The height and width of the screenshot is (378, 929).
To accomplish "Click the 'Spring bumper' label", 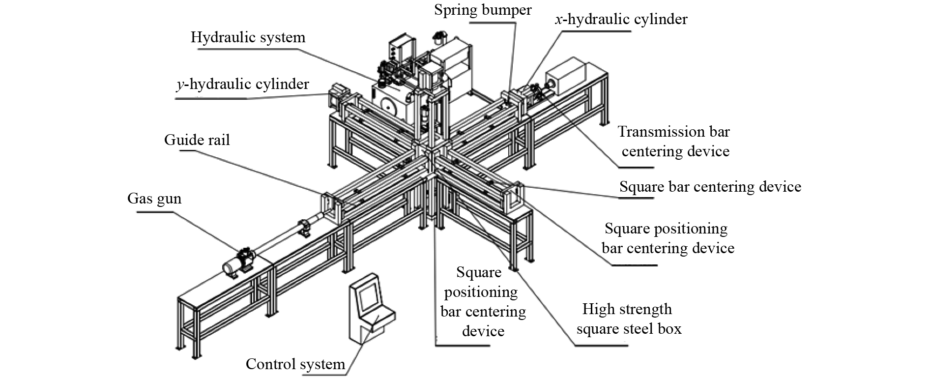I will coord(483,10).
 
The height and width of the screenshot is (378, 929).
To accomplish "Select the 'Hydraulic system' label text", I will coord(248,37).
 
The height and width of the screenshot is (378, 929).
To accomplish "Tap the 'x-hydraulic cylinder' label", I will coord(621,19).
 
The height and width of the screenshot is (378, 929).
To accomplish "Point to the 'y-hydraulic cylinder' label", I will coord(243,85).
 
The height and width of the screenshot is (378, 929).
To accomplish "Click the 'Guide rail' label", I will coord(197,140).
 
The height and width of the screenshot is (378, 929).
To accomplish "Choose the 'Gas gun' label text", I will coord(154,199).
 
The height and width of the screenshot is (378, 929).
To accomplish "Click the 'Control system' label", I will coord(295,364).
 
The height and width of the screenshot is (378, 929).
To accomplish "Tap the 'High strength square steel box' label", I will coord(628,319).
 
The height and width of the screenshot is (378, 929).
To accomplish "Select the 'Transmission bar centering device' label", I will coord(674,141).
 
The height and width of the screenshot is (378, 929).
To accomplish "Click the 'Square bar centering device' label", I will coord(710,187).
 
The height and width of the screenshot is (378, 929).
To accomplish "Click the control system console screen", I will coord(367,298).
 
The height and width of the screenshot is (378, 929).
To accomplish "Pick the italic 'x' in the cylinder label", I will coord(558,20).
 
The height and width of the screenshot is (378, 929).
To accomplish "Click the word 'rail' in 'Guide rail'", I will coord(218,140).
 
